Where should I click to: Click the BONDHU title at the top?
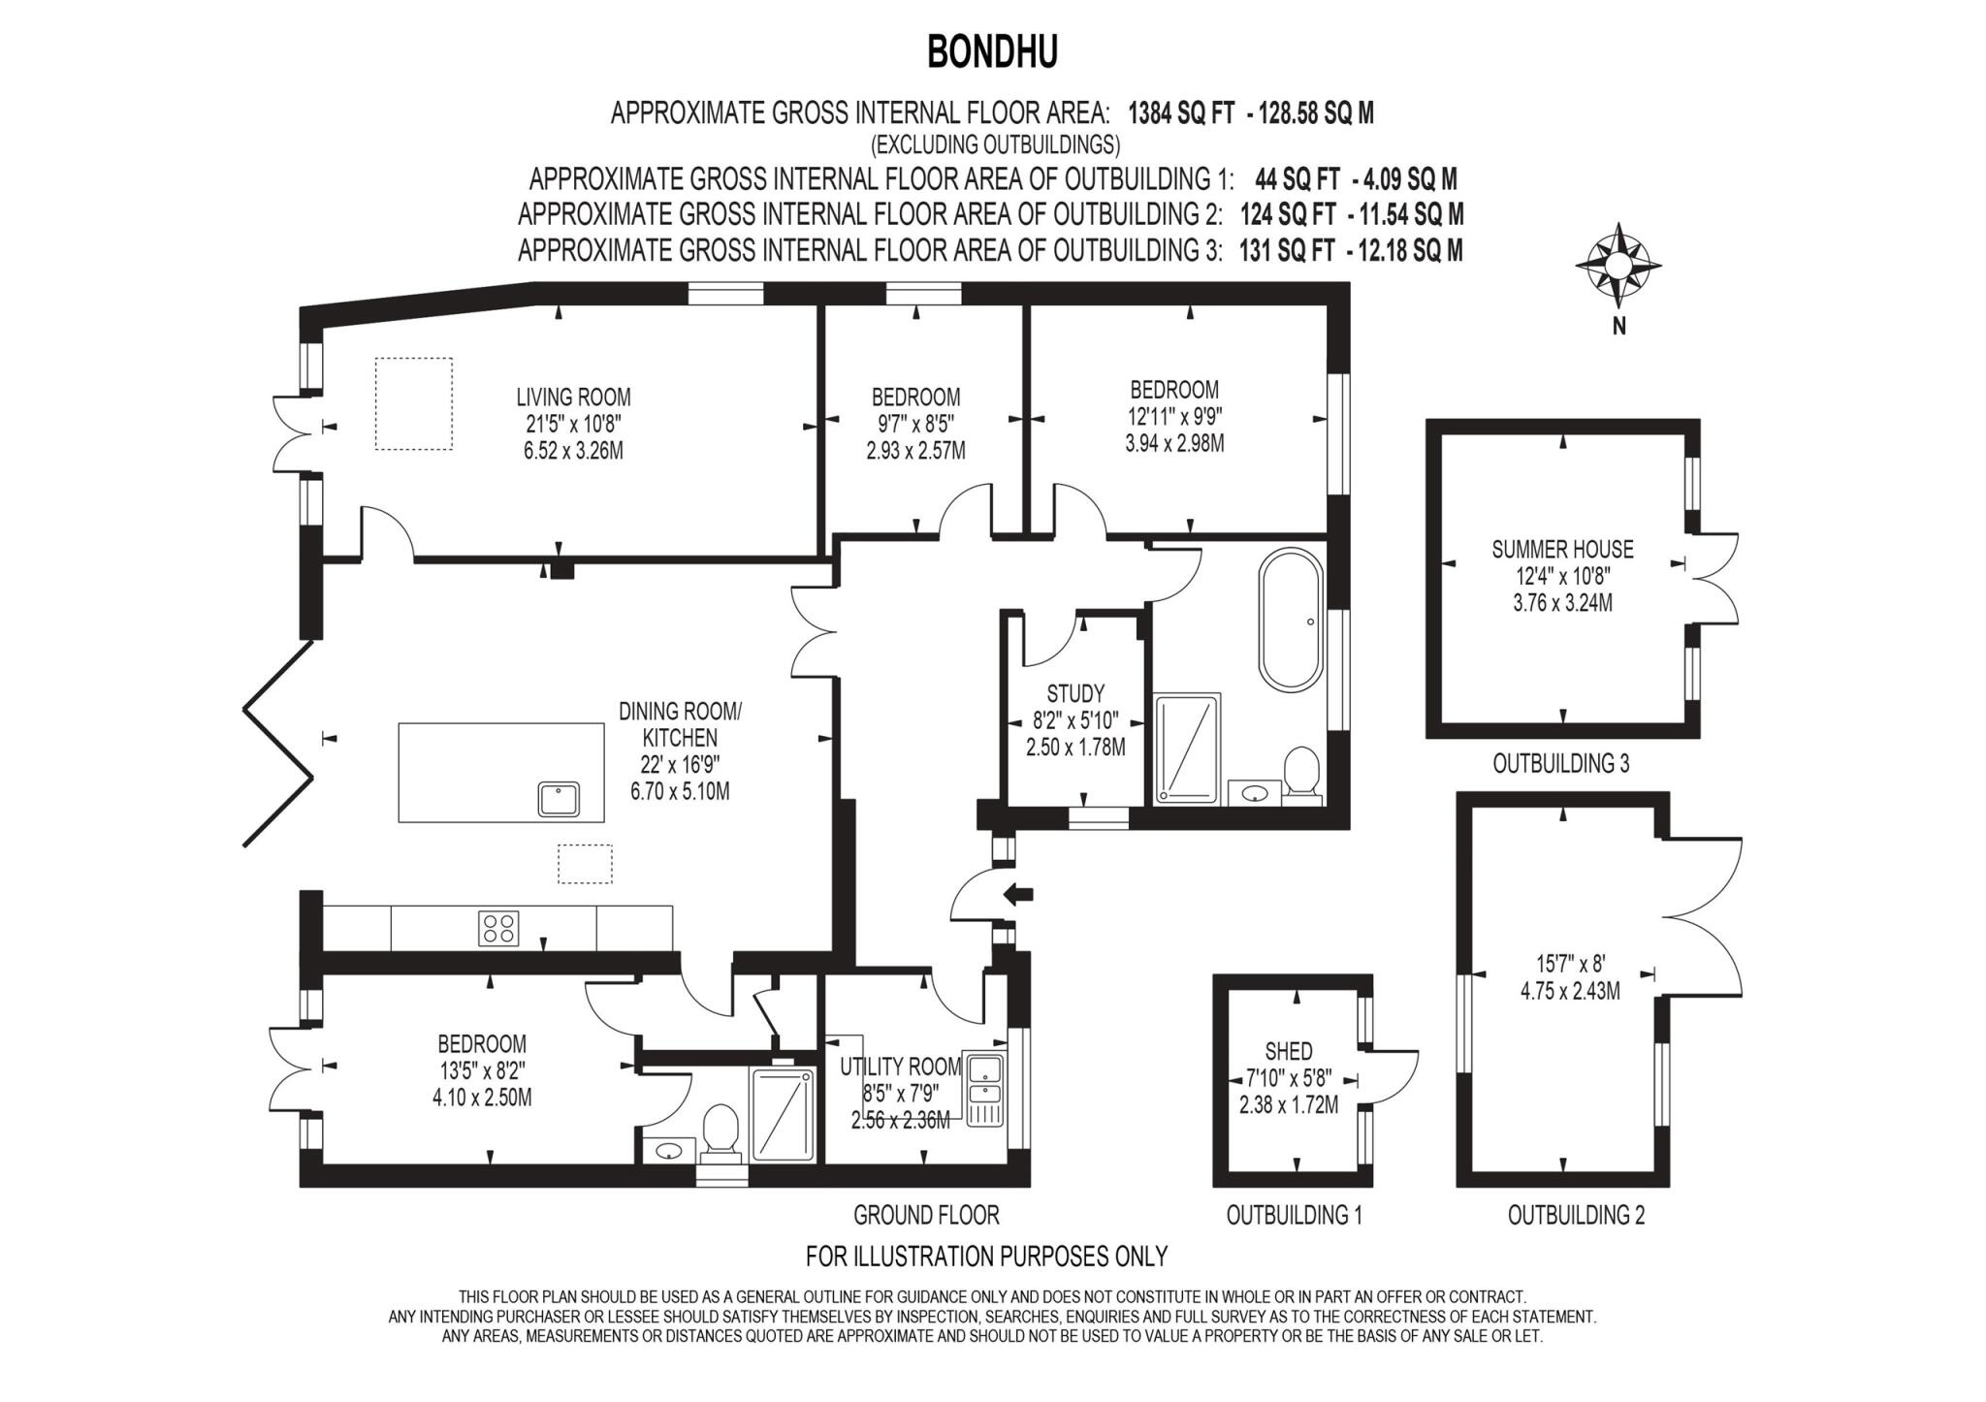click(991, 52)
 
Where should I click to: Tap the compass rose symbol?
click(1618, 265)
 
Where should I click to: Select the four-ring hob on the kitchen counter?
click(498, 928)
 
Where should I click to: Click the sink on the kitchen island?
click(560, 799)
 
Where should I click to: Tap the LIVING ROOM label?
click(573, 397)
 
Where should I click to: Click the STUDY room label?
click(1075, 693)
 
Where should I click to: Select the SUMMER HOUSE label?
click(1562, 549)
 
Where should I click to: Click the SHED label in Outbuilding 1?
click(1289, 1051)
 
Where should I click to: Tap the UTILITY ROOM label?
click(900, 1067)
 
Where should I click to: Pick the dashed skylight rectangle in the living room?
click(414, 403)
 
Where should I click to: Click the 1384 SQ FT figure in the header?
click(1180, 113)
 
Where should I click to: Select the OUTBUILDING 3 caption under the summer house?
click(1560, 763)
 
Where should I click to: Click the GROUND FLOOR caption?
click(926, 1215)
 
